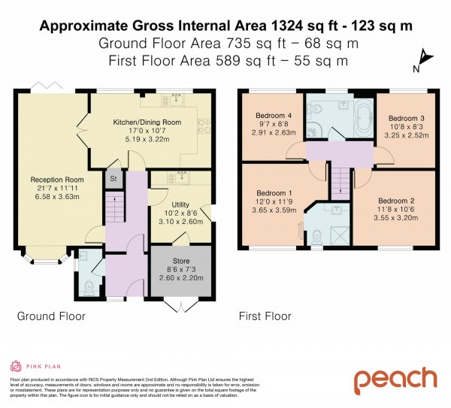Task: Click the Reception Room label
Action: click(50, 180)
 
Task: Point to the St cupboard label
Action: click(114, 180)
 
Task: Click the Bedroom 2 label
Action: click(396, 201)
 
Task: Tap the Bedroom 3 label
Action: click(407, 119)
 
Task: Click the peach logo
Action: click(395, 379)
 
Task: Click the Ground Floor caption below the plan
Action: click(51, 316)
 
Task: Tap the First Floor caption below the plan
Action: click(265, 316)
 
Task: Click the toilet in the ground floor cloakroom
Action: click(89, 286)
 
